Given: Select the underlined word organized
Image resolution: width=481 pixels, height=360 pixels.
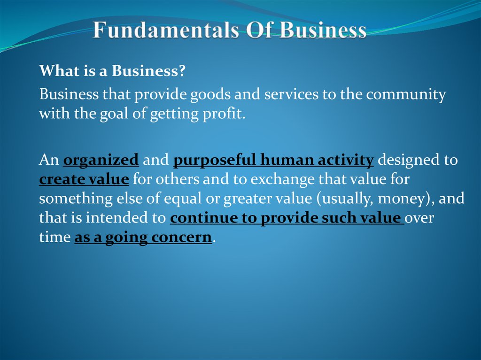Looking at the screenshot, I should tap(101, 161).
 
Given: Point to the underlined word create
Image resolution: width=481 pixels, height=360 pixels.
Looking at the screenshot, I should tap(60, 180).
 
